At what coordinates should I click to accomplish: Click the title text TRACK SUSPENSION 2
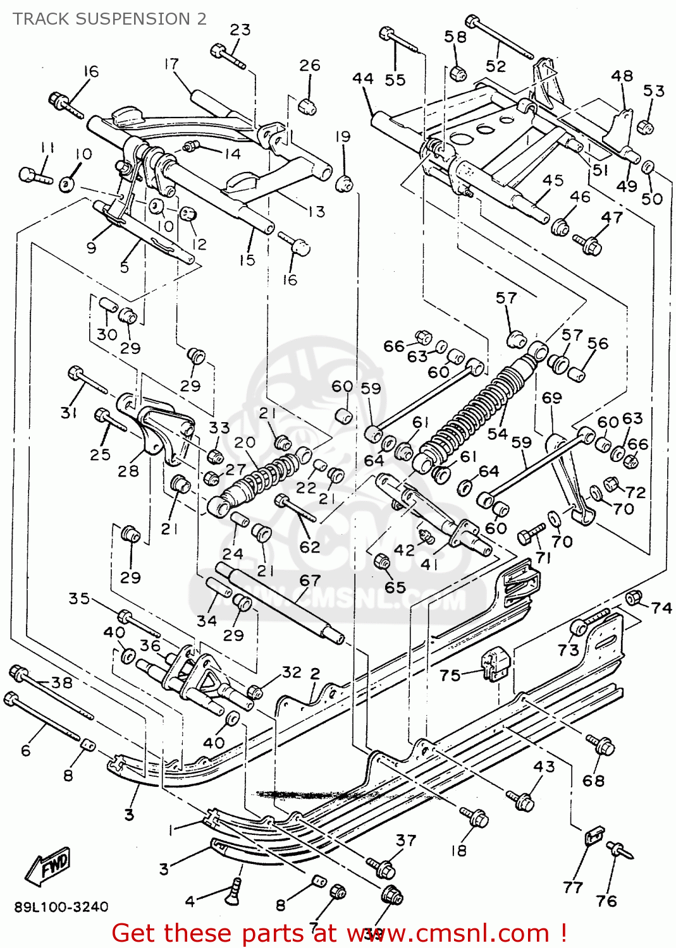point(109,19)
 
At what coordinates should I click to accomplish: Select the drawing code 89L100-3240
point(61,907)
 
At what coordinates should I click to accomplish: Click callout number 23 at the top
point(240,30)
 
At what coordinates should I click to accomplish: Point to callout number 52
point(496,66)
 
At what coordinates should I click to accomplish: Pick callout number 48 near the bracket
point(622,76)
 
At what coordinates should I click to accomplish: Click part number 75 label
point(450,675)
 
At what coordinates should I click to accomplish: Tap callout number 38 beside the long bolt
point(62,683)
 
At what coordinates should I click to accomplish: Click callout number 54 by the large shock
point(498,434)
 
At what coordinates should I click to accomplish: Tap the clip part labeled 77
point(593,836)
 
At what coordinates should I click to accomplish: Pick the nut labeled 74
point(633,597)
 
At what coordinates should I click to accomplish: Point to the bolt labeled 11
point(34,175)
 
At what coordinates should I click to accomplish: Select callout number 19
point(342,137)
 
